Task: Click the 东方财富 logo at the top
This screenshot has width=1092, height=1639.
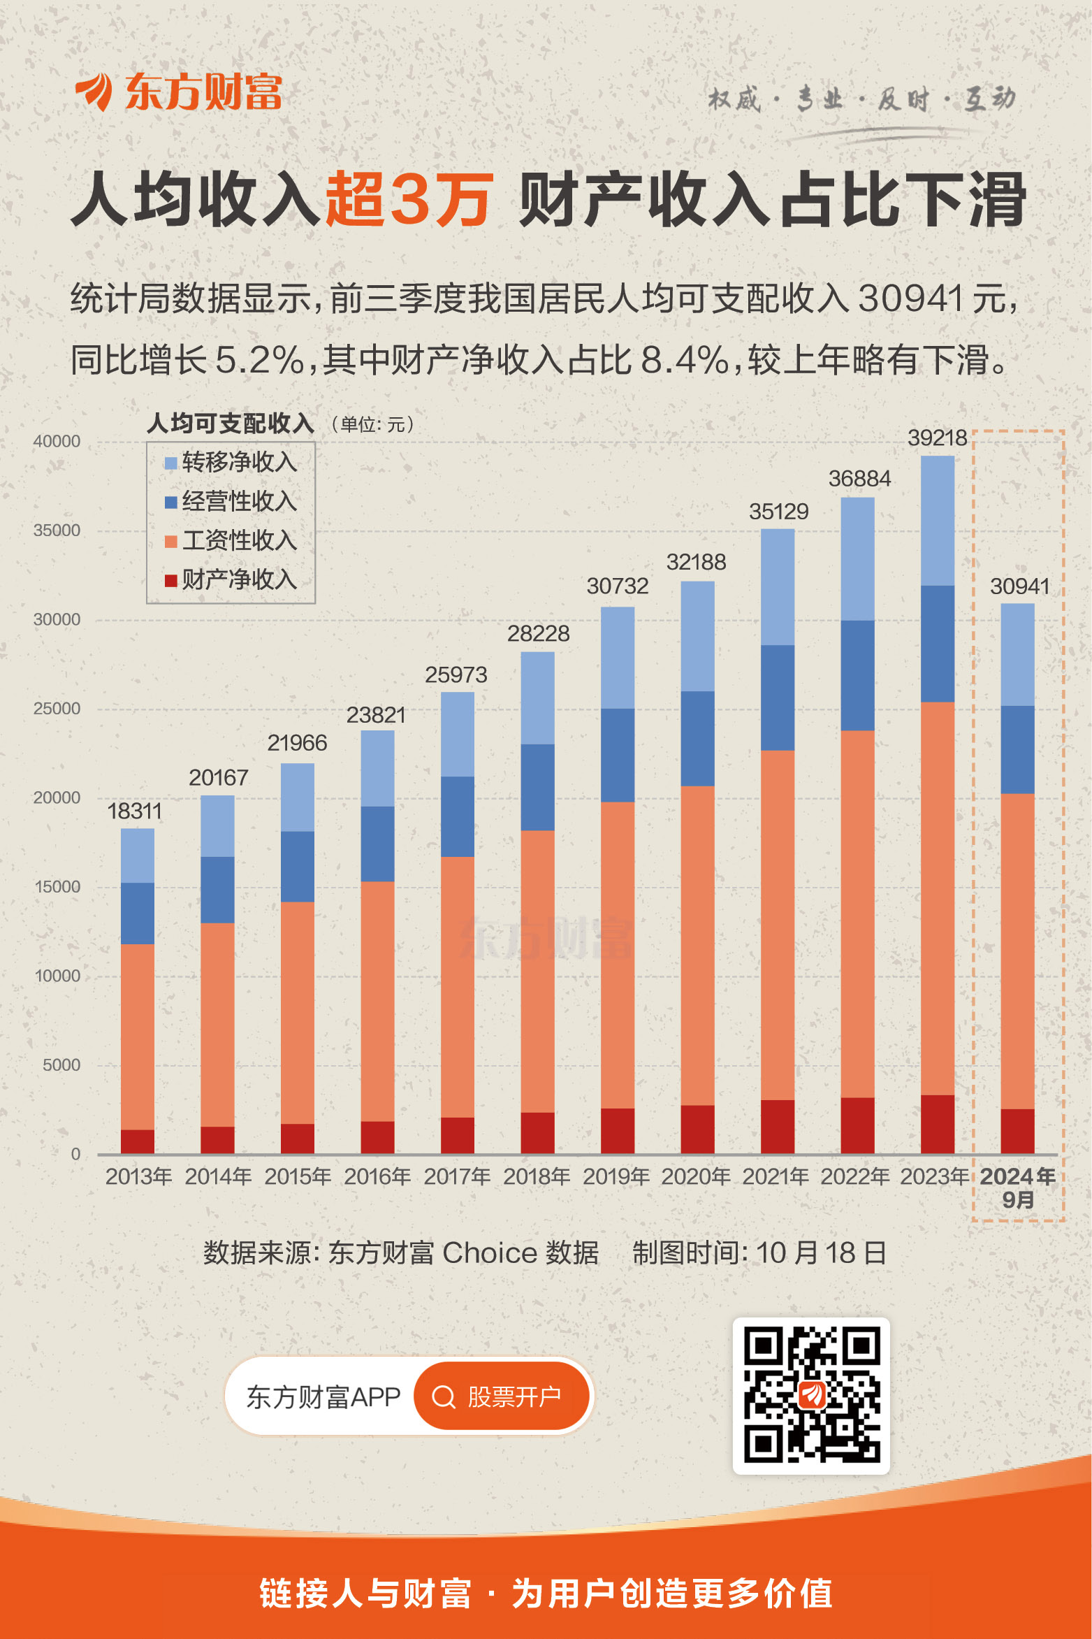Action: pos(179,92)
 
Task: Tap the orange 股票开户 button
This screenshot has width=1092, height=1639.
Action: pos(502,1396)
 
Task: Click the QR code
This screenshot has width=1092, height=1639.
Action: pos(810,1395)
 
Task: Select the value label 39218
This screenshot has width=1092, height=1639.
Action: pos(937,438)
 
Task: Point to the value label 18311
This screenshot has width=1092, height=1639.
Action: pos(134,811)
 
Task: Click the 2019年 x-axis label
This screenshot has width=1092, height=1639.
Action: pos(616,1177)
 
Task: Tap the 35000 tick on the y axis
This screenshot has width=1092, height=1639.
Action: pos(57,530)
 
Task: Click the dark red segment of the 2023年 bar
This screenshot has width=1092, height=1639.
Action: pos(937,1124)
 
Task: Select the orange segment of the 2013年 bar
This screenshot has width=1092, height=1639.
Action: pos(138,1036)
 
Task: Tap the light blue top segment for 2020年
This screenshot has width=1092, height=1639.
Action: pos(697,636)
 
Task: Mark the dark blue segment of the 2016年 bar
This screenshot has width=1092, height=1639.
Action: pos(377,844)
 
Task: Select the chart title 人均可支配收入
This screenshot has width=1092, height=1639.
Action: pos(231,424)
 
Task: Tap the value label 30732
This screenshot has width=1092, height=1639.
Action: pos(618,586)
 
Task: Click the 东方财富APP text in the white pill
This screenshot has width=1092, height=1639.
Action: pos(323,1396)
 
